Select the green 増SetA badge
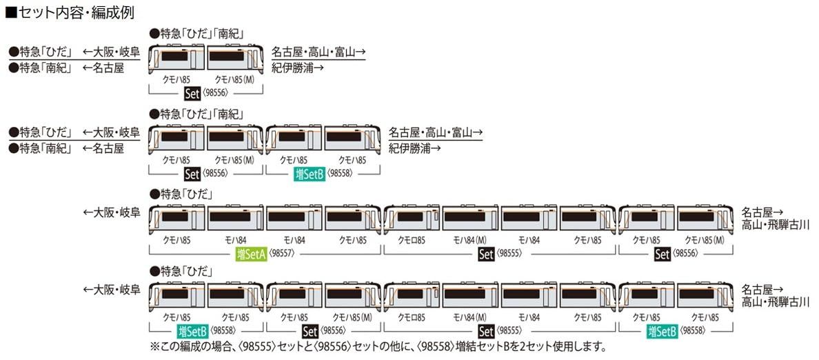coord(251,254)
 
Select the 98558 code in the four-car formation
coord(341,174)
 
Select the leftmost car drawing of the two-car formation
coord(176,58)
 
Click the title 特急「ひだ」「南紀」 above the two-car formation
coord(196,33)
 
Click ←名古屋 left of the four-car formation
coord(103,148)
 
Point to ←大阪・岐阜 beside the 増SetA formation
coord(111,212)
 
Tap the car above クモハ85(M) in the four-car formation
coord(234,139)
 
